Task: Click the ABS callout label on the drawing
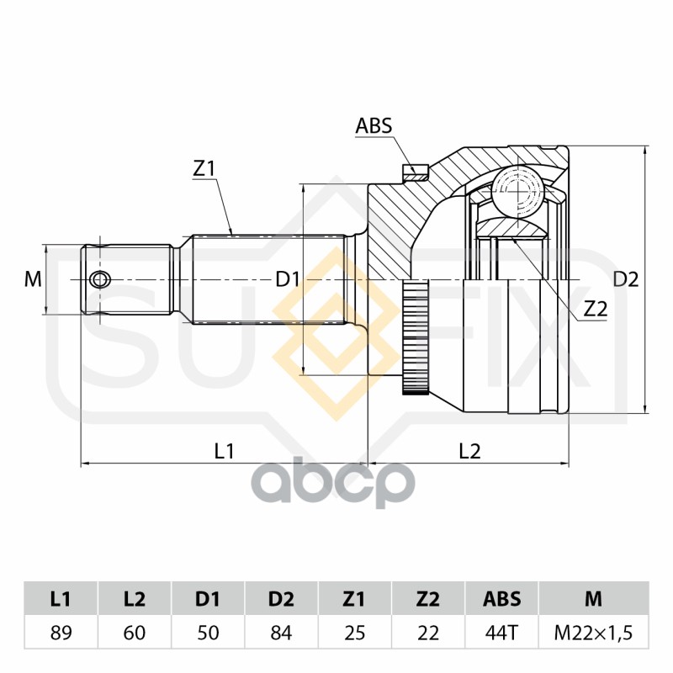374,125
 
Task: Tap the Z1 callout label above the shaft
204,169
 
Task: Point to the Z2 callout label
596,309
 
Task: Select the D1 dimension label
287,279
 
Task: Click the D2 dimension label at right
626,279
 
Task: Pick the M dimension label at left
33,279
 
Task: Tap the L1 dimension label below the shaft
224,451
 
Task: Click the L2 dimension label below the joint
469,451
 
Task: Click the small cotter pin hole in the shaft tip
99,280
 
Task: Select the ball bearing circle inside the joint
517,188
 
